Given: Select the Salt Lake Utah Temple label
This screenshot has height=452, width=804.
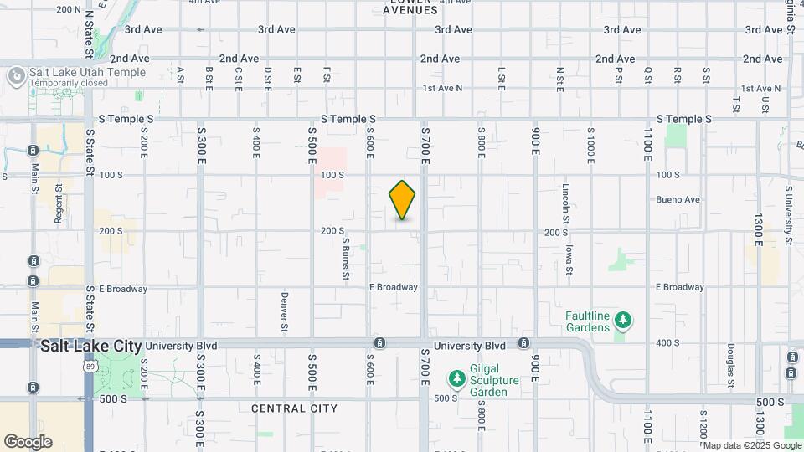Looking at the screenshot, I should [x=87, y=73].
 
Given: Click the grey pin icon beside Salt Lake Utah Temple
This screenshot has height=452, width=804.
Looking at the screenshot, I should [x=16, y=76].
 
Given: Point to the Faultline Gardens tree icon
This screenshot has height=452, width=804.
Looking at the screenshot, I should [x=622, y=320].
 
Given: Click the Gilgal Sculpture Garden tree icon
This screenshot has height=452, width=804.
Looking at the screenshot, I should [x=457, y=380].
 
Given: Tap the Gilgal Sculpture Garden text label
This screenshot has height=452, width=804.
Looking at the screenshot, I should [x=495, y=386].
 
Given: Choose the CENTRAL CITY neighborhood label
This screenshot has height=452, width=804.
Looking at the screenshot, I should [x=294, y=408].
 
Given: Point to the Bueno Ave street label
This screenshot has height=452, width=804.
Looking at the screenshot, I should [x=678, y=200].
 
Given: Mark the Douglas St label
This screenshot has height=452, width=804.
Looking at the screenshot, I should [x=730, y=361].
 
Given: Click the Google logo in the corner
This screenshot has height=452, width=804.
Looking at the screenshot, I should [x=28, y=442].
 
